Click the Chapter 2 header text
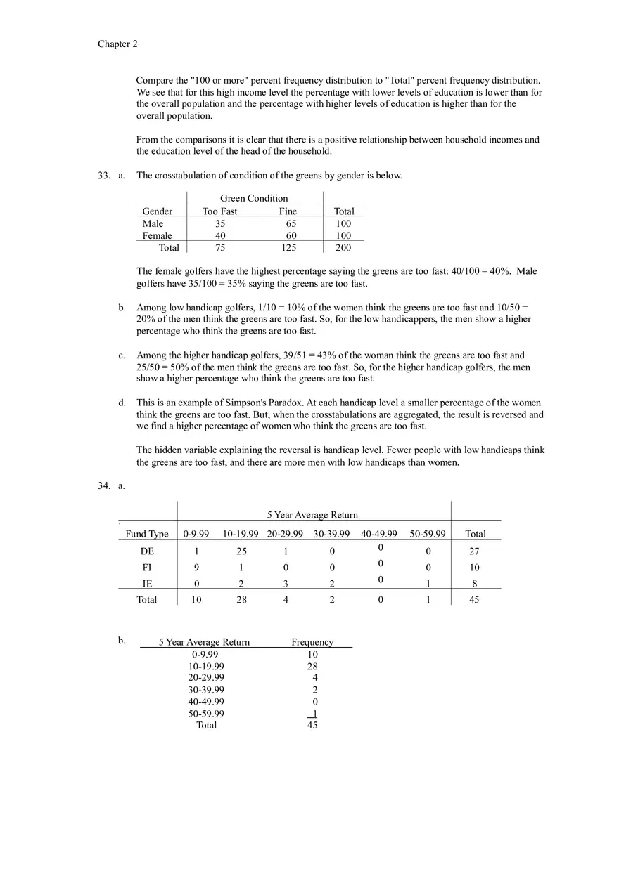(x=117, y=44)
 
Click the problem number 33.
(x=104, y=176)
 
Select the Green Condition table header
(x=254, y=198)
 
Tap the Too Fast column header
(x=219, y=211)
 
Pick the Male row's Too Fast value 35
(x=220, y=223)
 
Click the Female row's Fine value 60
(x=291, y=236)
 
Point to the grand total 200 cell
(x=343, y=247)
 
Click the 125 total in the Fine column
(x=288, y=247)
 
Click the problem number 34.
(x=104, y=485)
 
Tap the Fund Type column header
(x=147, y=534)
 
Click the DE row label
(x=147, y=551)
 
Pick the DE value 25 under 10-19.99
(x=241, y=551)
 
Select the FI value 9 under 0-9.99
(x=196, y=568)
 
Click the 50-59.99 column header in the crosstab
(x=428, y=534)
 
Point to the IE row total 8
(x=475, y=584)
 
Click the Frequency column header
(x=312, y=642)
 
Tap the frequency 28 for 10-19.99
(x=312, y=666)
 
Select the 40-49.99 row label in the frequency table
(x=206, y=701)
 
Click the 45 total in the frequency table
(x=312, y=725)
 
